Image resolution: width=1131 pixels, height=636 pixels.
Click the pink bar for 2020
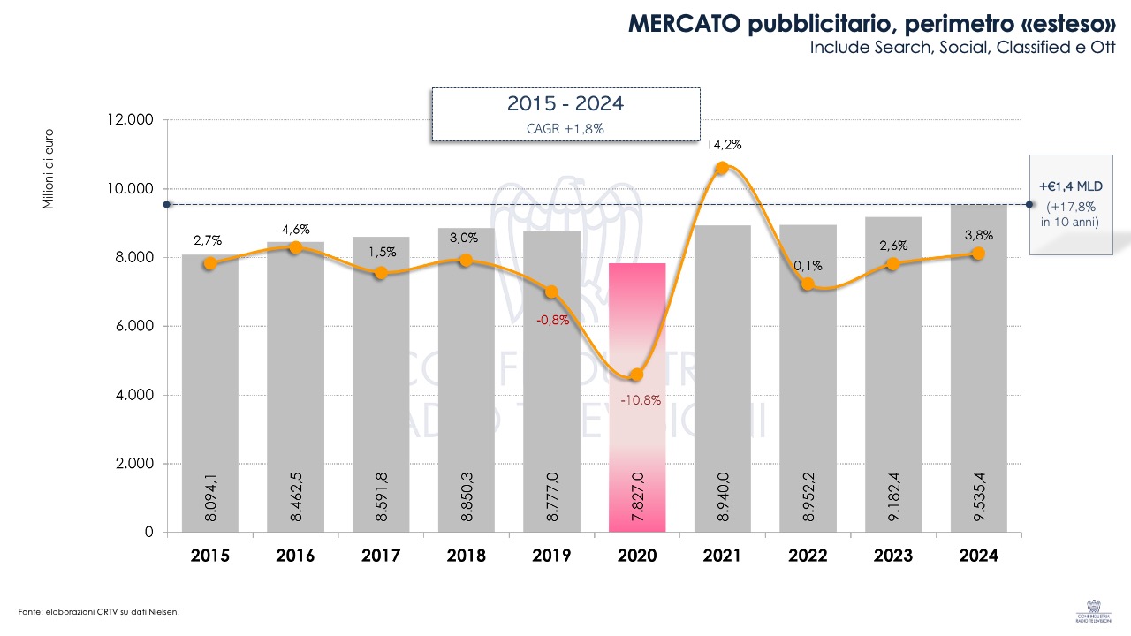pyautogui.click(x=636, y=397)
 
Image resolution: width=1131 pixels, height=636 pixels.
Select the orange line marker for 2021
pyautogui.click(x=722, y=168)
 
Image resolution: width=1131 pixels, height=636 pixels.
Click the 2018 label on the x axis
pyautogui.click(x=466, y=556)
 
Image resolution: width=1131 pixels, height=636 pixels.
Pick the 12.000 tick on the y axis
pyautogui.click(x=130, y=120)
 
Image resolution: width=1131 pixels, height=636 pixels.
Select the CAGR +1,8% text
pyautogui.click(x=565, y=127)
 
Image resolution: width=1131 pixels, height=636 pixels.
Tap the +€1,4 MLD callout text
pyautogui.click(x=1071, y=186)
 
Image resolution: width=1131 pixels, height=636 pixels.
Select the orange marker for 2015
pyautogui.click(x=209, y=263)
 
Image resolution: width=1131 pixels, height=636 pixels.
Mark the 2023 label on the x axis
pyautogui.click(x=893, y=556)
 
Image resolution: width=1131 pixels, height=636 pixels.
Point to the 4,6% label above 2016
pyautogui.click(x=295, y=230)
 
